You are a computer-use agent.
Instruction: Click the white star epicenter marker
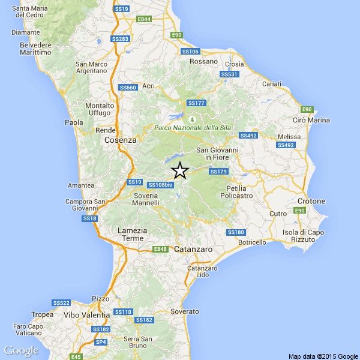[x=179, y=171]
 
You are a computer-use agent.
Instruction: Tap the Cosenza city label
[x=121, y=140]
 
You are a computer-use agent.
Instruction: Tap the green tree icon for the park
[x=193, y=117]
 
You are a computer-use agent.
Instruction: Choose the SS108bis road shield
[x=160, y=184]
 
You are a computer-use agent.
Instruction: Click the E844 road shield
[x=144, y=20]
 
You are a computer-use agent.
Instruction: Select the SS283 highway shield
[x=121, y=39]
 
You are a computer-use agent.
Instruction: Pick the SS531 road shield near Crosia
[x=230, y=74]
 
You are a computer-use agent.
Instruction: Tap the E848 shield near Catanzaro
[x=160, y=249]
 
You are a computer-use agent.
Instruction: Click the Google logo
[x=21, y=350]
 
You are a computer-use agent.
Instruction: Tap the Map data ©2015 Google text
[x=323, y=356]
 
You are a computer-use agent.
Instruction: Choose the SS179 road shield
[x=218, y=172]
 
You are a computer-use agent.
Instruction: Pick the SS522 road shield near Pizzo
[x=62, y=303]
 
